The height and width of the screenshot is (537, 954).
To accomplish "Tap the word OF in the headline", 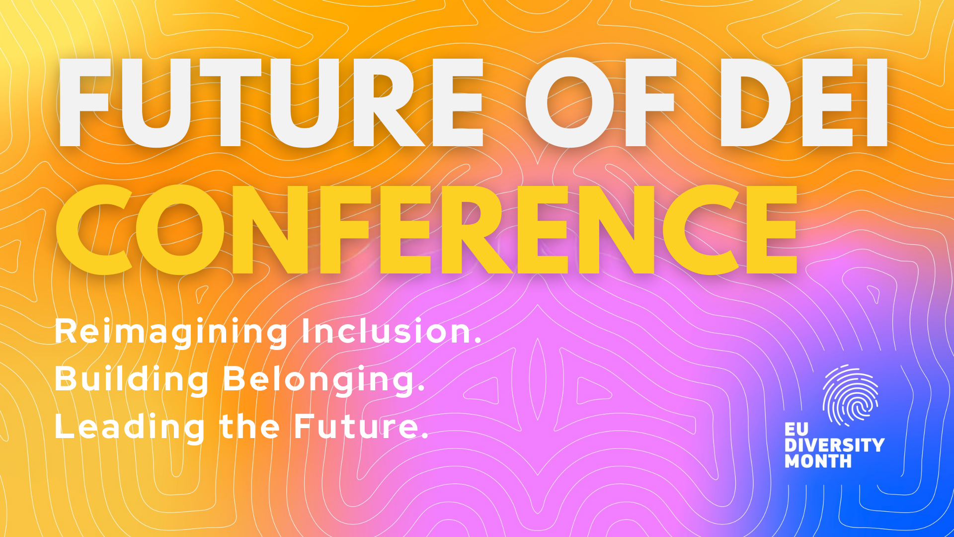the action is pyautogui.click(x=600, y=102).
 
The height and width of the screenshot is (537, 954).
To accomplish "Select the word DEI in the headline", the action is pyautogui.click(x=803, y=102).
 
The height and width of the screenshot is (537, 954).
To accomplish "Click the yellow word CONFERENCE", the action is pyautogui.click(x=426, y=229).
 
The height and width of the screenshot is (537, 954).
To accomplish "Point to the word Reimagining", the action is pyautogui.click(x=171, y=332).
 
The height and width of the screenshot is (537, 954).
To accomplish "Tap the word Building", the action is pyautogui.click(x=132, y=379).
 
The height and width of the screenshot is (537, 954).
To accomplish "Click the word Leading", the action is pyautogui.click(x=130, y=427).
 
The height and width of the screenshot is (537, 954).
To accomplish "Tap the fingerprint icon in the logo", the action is pyautogui.click(x=850, y=396).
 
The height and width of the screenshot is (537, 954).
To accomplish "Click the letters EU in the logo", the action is pyautogui.click(x=796, y=429).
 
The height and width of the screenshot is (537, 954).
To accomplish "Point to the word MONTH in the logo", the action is pyautogui.click(x=818, y=461).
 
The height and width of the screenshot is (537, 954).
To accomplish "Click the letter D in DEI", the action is pyautogui.click(x=756, y=102).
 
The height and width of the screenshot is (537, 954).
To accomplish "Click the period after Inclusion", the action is pyautogui.click(x=478, y=340).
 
